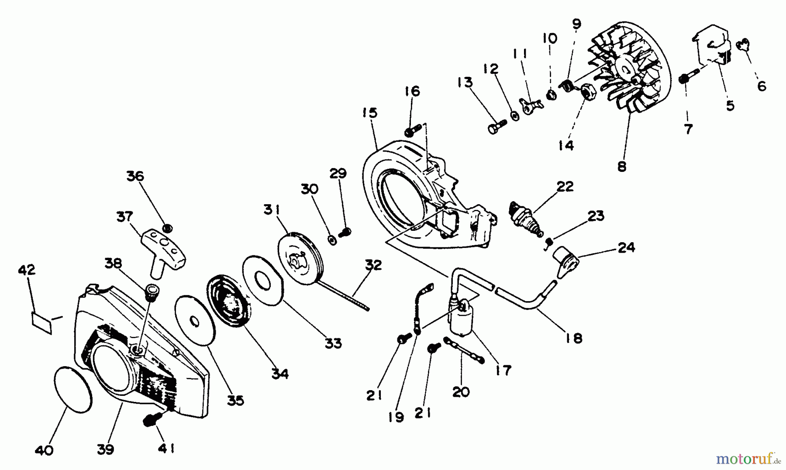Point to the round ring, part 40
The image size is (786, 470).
[x=73, y=389]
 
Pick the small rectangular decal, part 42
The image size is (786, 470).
[x=42, y=322]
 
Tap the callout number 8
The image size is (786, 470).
[x=622, y=166]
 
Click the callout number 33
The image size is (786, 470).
[x=333, y=343]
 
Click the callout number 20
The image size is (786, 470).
[x=461, y=391]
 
